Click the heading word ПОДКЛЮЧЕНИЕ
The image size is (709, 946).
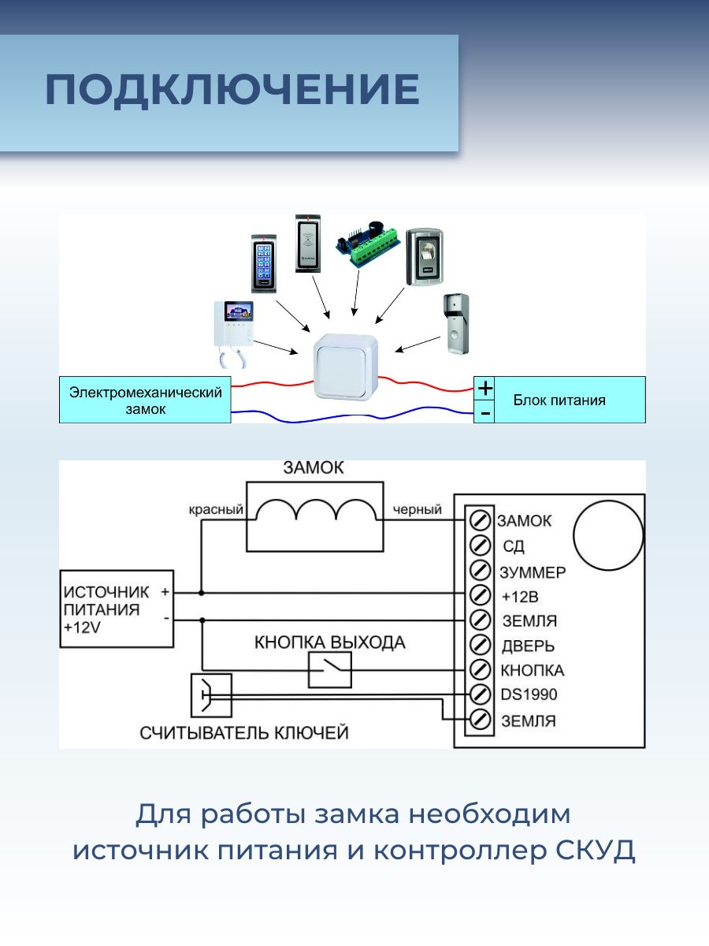point(232,89)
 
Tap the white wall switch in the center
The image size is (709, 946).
point(346,367)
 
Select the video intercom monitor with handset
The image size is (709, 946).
point(234,334)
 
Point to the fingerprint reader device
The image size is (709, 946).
point(425,257)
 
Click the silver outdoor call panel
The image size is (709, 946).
point(456,323)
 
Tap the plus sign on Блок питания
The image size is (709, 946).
point(485,389)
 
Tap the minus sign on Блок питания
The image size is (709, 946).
point(485,413)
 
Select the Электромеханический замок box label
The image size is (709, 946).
point(145,400)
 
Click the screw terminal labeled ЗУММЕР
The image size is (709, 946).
point(480,571)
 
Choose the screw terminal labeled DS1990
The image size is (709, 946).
point(480,695)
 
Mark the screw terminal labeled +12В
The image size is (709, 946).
point(480,596)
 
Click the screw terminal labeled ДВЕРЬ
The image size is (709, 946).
point(480,645)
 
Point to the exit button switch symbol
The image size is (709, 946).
point(330,670)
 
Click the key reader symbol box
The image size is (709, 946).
point(211,695)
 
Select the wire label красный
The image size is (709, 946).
point(216,510)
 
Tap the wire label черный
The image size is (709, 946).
point(418,510)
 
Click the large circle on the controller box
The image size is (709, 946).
point(608,534)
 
